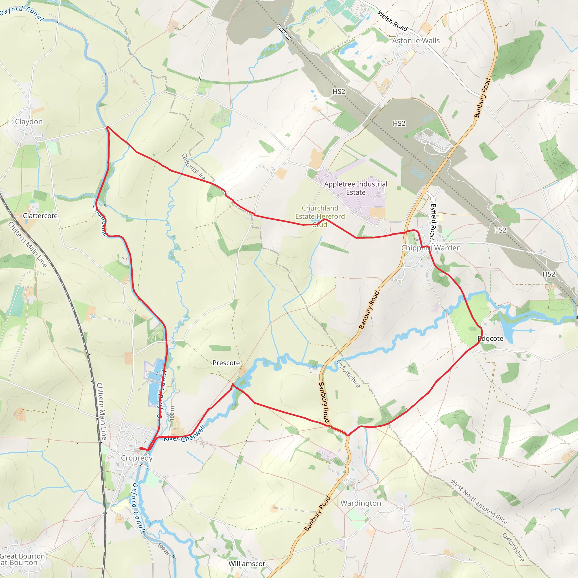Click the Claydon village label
coord(29,121)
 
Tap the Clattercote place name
coord(40,216)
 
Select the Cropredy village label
coord(137,458)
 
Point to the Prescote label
coord(226,363)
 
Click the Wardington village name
coord(361,503)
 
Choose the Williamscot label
coord(247,564)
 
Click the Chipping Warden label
coord(431,248)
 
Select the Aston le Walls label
coord(416,41)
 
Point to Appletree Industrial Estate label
coord(356,188)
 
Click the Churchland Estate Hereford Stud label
coord(320,216)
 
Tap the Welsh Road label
coord(393,21)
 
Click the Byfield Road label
coord(433,221)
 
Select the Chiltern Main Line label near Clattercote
coord(28,244)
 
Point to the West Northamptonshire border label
coord(479,502)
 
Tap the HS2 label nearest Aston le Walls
coord(339,91)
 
